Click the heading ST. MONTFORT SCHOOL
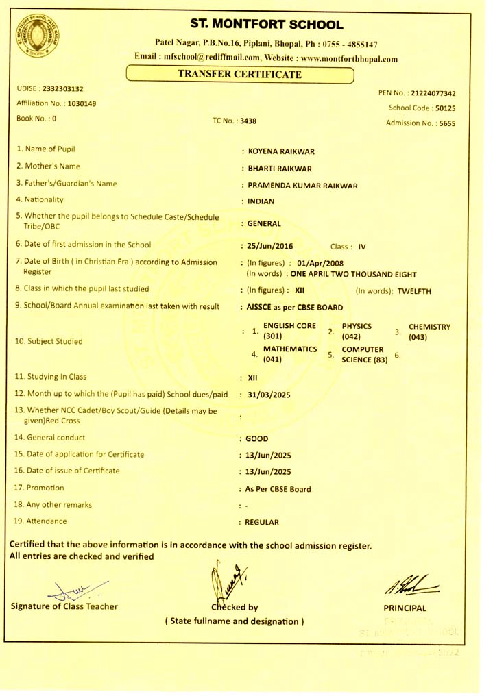pos(266,25)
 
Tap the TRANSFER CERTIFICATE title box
pos(240,74)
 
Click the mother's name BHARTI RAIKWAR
pos(280,169)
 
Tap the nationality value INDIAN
pos(261,201)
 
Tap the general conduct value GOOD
pos(257,438)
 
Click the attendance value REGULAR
pos(262,522)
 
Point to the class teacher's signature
pos(65,586)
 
